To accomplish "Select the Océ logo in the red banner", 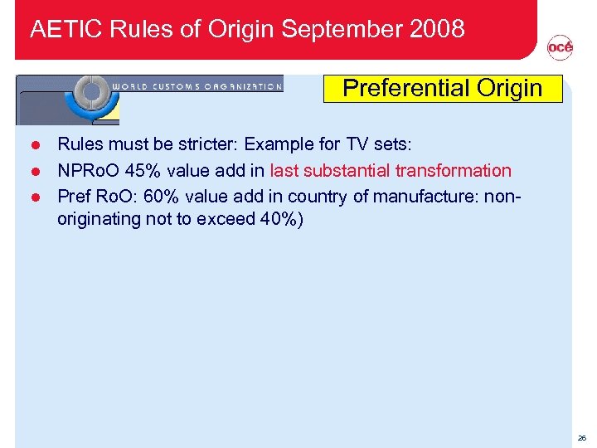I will tap(560, 49).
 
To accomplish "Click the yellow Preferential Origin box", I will tap(442, 88).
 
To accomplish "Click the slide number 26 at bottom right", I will tap(580, 436).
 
